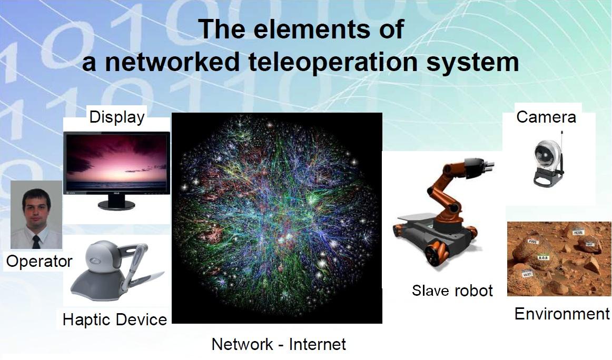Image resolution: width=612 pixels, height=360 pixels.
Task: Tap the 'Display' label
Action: pos(116,117)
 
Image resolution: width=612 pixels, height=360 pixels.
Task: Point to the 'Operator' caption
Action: pos(39,261)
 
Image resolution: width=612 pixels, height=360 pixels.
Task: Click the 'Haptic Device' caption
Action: pos(114,319)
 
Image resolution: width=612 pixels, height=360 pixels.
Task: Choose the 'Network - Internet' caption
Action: pos(279,344)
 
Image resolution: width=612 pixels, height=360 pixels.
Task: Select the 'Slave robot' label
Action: pos(452,291)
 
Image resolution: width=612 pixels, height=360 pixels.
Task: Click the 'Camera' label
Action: pos(546,116)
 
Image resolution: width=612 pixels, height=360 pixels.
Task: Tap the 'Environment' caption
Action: pos(561,314)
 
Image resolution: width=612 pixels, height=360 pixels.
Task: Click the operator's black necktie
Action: pos(36,242)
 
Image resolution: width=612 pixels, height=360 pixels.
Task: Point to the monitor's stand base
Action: pos(115,205)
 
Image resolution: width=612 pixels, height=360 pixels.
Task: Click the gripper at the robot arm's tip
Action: pos(487,165)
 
